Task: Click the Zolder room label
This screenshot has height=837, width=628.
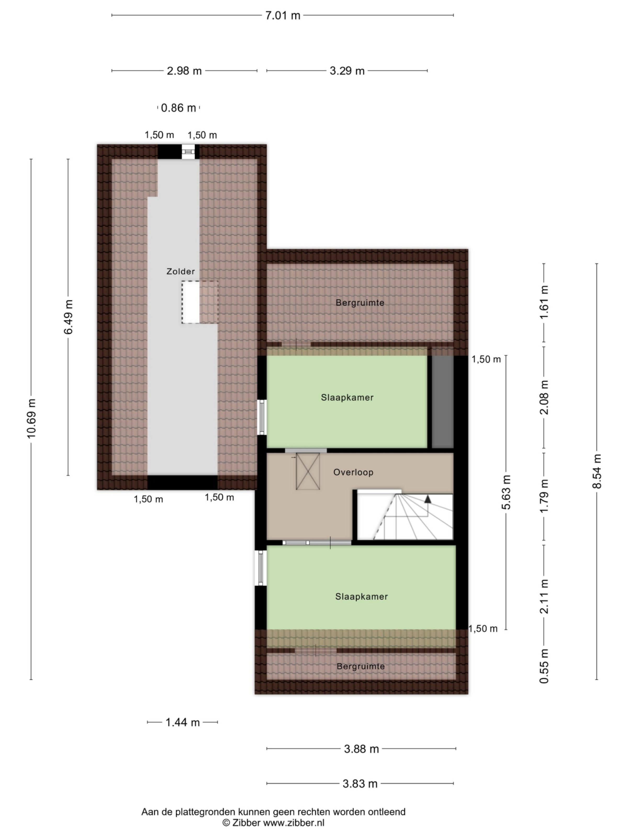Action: coord(181,271)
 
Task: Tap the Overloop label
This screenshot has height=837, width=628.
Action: coord(353,472)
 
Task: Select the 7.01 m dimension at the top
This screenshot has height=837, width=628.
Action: coord(282,15)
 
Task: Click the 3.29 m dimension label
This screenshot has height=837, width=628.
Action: coord(347,71)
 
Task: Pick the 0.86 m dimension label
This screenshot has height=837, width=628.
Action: coord(178,108)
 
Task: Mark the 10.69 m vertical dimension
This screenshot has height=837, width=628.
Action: coord(31,418)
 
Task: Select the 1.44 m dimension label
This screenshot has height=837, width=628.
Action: coord(182,722)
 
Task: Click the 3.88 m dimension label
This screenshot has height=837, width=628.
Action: coord(361,749)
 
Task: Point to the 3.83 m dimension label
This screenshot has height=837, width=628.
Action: coord(360,784)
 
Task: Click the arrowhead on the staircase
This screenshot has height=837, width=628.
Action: coord(428,499)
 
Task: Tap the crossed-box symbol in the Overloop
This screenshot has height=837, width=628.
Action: coord(308,471)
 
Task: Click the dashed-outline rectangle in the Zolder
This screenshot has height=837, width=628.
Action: coord(199,302)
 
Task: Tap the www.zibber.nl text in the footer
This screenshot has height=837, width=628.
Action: coord(294,823)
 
